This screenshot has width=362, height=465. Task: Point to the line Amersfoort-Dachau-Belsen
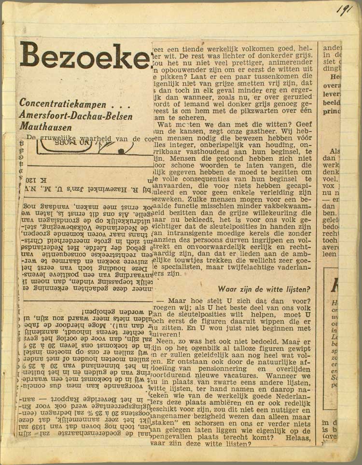point(76,115)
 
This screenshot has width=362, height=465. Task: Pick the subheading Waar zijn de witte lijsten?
point(264,289)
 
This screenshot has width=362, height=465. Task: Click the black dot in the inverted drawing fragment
point(121,151)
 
